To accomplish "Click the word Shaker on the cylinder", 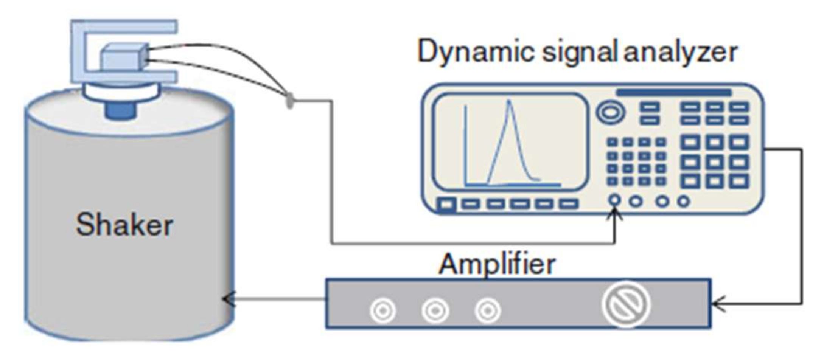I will pyautogui.click(x=124, y=225).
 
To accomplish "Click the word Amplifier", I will pyautogui.click(x=497, y=264).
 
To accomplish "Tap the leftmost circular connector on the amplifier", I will pyautogui.click(x=382, y=311).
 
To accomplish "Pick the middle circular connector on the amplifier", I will pyautogui.click(x=435, y=311).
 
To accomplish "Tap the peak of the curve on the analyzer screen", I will pyautogui.click(x=510, y=101).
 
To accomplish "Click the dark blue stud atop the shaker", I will pyautogui.click(x=120, y=110).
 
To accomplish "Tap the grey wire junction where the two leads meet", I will pyautogui.click(x=290, y=100).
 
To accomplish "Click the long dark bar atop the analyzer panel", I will pyautogui.click(x=673, y=93).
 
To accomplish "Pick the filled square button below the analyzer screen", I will pyautogui.click(x=446, y=205).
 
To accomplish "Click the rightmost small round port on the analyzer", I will pyautogui.click(x=683, y=201).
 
